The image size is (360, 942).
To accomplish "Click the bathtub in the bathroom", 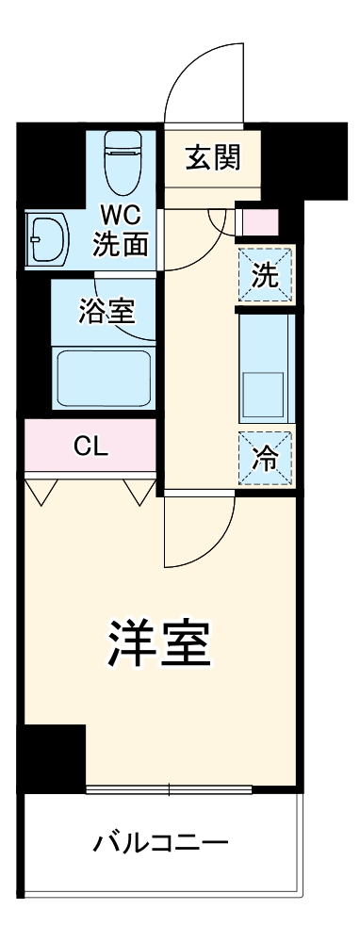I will [103, 378].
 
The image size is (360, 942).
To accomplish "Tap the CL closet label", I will [91, 447].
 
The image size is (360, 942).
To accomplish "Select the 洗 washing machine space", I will [266, 276].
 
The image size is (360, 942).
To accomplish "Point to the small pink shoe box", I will [261, 223].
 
